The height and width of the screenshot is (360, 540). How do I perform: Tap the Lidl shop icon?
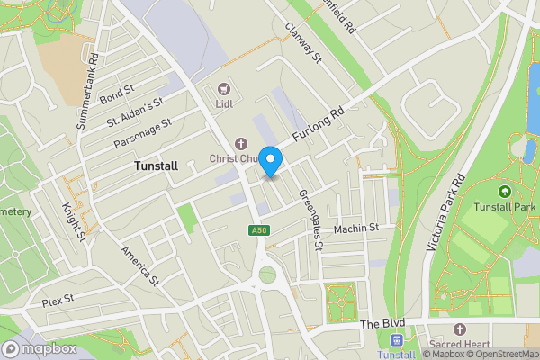(222, 89)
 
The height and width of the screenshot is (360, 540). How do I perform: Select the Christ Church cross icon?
(240, 143)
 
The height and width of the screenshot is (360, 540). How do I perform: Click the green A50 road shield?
(258, 231)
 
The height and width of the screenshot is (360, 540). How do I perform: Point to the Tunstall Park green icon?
(504, 191)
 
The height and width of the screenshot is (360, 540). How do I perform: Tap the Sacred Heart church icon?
(460, 330)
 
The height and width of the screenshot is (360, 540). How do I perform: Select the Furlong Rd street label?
(319, 125)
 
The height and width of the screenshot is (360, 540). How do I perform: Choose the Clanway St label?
(304, 45)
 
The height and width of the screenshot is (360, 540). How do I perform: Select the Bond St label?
(116, 94)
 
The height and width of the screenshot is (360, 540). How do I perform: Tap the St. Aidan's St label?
(135, 112)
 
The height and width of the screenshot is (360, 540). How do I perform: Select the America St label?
(139, 266)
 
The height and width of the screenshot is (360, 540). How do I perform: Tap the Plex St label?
(57, 298)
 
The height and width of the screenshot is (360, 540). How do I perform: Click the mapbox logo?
(38, 349)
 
